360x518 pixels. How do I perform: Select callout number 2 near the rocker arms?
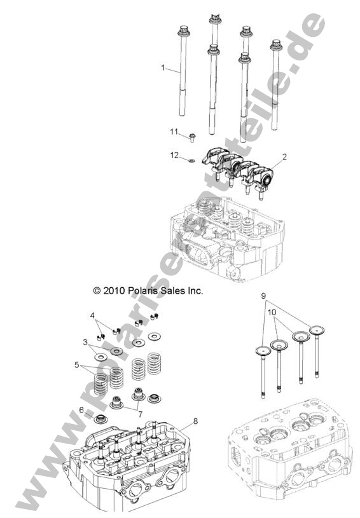click(x=284, y=156)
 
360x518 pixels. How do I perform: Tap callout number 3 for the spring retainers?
click(x=85, y=342)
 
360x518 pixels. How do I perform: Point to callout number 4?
click(x=92, y=315)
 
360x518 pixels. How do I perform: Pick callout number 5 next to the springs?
click(x=78, y=365)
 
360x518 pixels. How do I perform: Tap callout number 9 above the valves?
click(x=263, y=296)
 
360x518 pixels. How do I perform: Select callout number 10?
click(x=272, y=313)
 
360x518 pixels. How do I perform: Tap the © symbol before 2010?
click(x=97, y=290)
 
